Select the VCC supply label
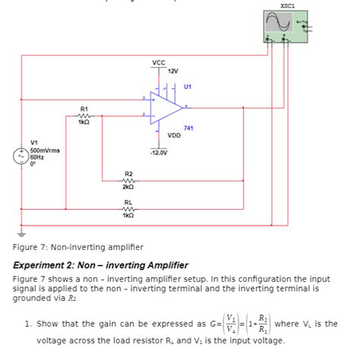coord(158,62)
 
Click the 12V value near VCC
coord(172,71)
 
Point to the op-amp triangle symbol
coord(162,108)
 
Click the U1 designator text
coord(186,86)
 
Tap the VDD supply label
coord(174,137)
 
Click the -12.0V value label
coord(158,152)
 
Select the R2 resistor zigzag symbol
coord(128,180)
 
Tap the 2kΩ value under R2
coord(128,187)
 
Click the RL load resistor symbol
coord(128,208)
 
